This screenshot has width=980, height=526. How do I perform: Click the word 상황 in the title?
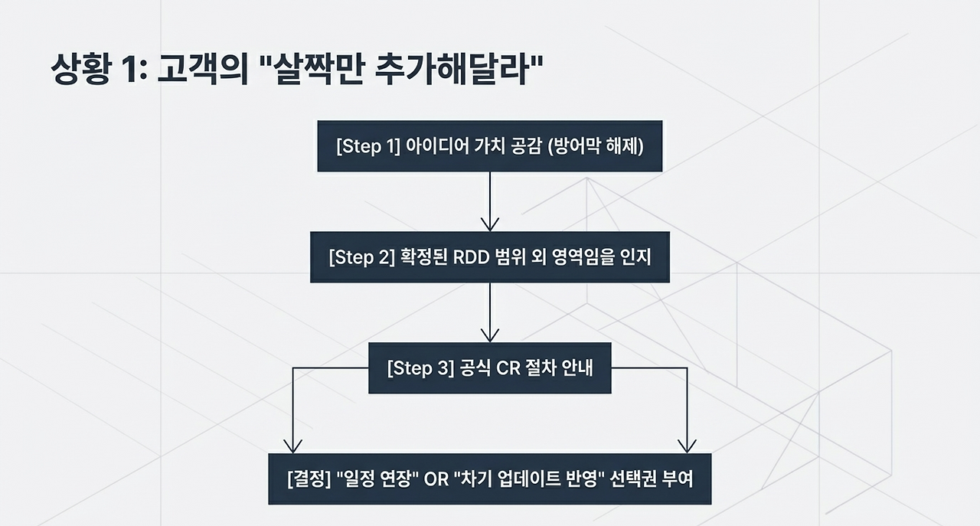(81, 69)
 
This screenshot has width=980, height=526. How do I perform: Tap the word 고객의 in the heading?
(203, 69)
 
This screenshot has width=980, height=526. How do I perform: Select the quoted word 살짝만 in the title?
(320, 69)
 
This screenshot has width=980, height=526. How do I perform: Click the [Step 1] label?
(368, 146)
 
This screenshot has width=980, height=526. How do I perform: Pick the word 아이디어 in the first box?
(437, 145)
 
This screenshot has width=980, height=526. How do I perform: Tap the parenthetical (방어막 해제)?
(596, 146)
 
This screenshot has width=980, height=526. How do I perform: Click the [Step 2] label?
(362, 257)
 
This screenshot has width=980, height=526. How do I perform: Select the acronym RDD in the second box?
(471, 257)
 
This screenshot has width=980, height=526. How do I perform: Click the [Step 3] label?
(420, 368)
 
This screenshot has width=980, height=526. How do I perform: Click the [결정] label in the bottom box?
(309, 479)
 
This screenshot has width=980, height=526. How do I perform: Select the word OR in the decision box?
(436, 479)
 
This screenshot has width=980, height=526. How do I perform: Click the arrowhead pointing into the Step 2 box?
(490, 224)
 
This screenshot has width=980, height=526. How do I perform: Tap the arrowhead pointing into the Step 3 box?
(490, 335)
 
